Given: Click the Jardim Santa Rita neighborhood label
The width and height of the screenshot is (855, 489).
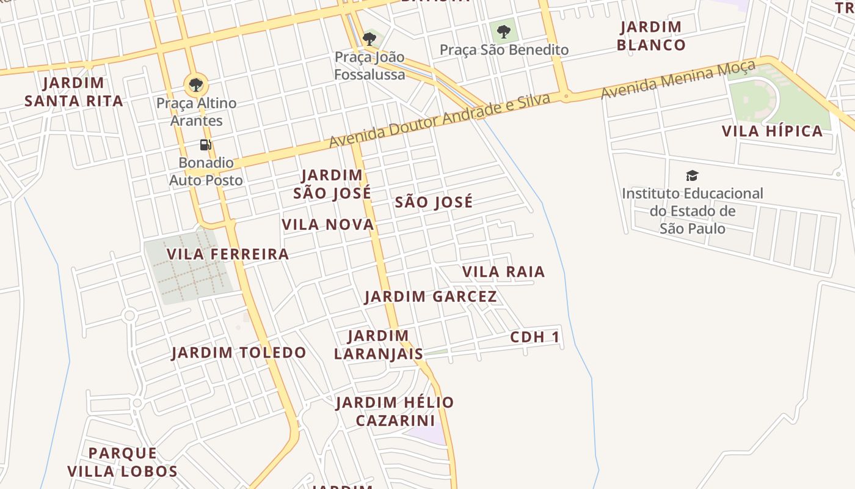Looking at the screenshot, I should click(74, 92).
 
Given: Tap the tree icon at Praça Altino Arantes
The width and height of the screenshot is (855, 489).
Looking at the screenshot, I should click(196, 84).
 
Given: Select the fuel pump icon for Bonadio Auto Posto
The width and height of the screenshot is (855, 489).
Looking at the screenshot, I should click(206, 145).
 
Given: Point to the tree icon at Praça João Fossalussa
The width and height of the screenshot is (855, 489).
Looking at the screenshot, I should click(369, 39).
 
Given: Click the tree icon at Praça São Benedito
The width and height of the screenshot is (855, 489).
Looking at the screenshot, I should click(503, 31).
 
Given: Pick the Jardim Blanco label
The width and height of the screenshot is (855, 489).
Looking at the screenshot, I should click(651, 36).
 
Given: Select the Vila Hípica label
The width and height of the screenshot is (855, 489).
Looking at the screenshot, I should click(773, 131).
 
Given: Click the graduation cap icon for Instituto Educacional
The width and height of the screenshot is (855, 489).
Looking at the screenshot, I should click(692, 176).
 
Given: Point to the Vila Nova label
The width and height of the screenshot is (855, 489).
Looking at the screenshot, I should click(328, 225).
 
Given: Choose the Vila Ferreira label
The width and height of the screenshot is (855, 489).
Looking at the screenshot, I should click(228, 254).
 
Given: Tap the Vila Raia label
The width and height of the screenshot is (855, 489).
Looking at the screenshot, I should click(503, 272).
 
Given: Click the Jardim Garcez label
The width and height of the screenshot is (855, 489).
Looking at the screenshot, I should click(431, 297).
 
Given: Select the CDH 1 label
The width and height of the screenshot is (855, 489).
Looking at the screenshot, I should click(535, 337).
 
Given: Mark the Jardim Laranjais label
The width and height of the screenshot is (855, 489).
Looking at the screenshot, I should click(379, 345).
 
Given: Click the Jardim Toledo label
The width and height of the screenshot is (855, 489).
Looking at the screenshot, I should click(239, 353).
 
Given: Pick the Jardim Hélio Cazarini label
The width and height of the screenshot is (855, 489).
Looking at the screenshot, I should click(395, 411).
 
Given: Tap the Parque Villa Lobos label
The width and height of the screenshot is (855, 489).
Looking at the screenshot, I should click(123, 462).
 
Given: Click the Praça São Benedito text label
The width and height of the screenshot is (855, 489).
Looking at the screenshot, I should click(504, 50).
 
